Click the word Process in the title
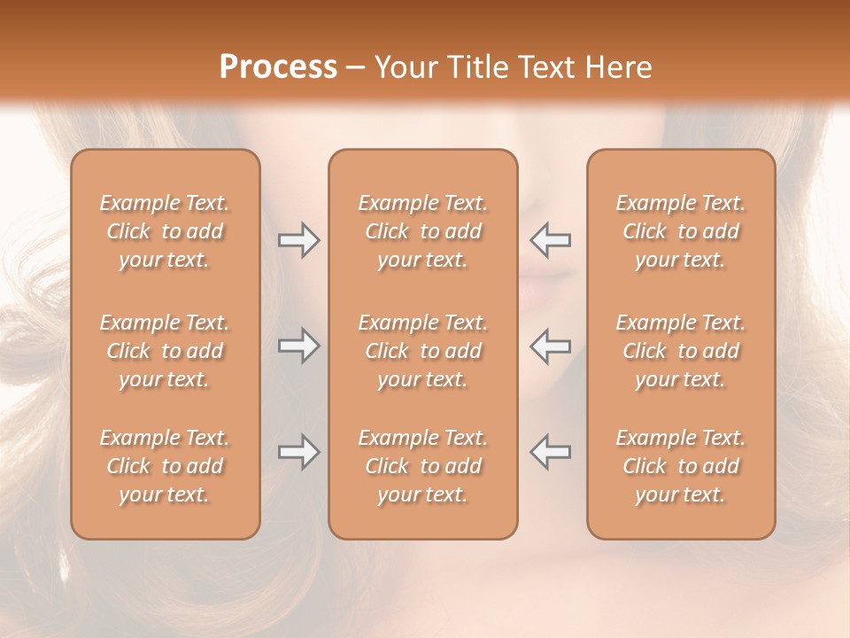[278, 67]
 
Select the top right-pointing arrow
[299, 240]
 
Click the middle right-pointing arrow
[299, 346]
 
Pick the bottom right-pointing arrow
[299, 452]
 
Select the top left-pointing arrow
[551, 240]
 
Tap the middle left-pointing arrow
[551, 346]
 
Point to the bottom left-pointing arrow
[551, 452]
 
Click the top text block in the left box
[165, 231]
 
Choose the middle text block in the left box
[165, 351]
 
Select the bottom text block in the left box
[165, 466]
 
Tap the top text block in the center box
[422, 231]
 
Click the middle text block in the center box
[422, 351]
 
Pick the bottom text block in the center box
[422, 466]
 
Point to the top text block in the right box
[680, 231]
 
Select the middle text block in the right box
[680, 351]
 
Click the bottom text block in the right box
[680, 466]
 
